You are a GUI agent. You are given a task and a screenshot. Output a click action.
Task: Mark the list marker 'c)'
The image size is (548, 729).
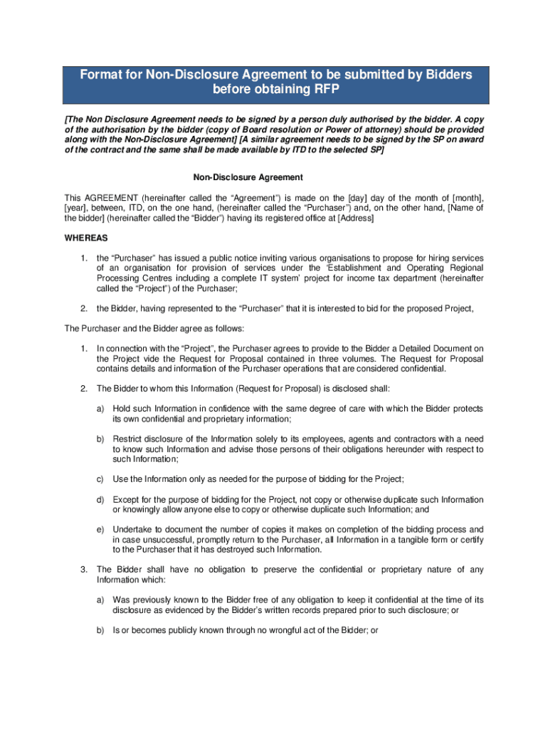coord(101,479)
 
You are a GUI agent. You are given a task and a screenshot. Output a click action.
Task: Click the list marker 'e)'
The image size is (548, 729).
coord(101,530)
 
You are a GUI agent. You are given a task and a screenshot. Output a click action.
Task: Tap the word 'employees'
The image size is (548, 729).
coord(291,439)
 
